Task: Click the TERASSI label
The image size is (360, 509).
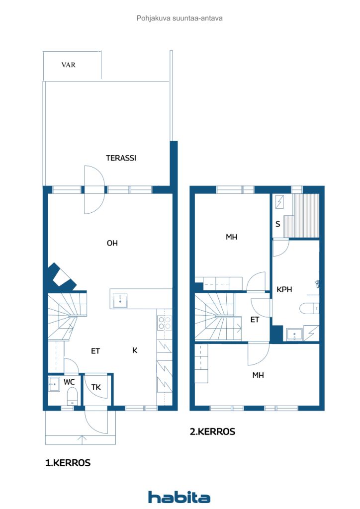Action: click(121, 158)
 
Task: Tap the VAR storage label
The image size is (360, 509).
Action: click(69, 65)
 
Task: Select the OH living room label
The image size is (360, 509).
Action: click(112, 243)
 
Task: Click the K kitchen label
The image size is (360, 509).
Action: click(135, 350)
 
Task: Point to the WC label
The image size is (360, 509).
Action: click(69, 382)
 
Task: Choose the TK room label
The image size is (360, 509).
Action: click(96, 387)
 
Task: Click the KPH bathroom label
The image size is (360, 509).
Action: click(284, 289)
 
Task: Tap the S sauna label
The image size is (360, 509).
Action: click(278, 224)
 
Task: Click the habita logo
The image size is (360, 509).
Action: click(179, 497)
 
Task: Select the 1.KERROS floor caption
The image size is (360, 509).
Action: click(68, 463)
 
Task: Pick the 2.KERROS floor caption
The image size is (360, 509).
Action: click(213, 431)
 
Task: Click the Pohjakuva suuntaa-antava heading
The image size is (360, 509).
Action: click(180, 18)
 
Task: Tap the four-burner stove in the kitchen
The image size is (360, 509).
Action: click(164, 323)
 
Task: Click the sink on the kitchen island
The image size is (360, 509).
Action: click(120, 301)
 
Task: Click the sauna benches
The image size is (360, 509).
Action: click(302, 216)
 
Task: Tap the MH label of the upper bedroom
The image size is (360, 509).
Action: click(231, 237)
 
